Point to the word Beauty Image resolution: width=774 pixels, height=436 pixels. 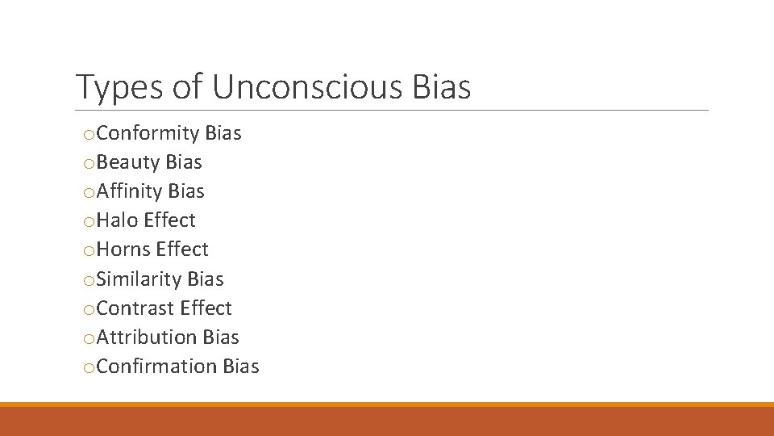(128, 162)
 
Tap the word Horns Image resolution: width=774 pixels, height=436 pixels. (123, 249)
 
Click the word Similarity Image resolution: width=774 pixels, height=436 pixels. (139, 279)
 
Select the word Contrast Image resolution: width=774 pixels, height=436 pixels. (135, 308)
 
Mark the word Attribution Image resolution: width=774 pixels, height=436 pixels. (147, 337)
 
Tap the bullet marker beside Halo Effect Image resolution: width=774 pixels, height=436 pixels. (89, 222)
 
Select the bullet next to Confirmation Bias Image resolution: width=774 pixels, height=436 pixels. (89, 368)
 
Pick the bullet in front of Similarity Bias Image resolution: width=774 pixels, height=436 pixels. (89, 281)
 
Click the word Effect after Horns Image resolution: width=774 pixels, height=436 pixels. (182, 249)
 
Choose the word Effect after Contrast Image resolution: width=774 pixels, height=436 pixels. (206, 308)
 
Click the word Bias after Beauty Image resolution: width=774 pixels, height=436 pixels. (184, 162)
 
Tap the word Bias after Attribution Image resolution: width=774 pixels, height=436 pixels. (221, 337)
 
